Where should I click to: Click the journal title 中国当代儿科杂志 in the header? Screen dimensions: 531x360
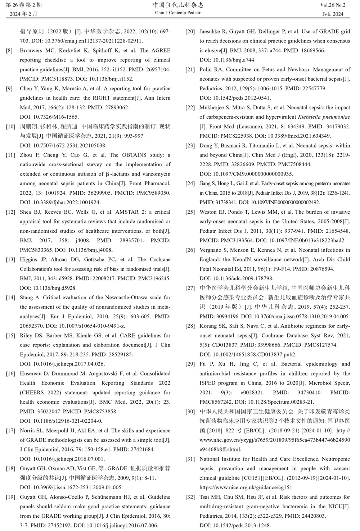coord(178,5)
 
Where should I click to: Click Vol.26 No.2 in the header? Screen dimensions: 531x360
coord(332,5)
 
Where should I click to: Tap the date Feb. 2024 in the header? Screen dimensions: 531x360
coord(333,14)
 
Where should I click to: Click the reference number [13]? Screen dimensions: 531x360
coord(10,260)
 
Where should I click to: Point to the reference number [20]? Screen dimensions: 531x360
coord(190,32)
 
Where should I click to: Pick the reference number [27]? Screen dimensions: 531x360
coord(190,288)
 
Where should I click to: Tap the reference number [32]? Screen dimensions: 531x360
coord(190,497)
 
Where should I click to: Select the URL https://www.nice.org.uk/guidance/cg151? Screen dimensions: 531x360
coord(247,487)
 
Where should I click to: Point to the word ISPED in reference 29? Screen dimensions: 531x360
coord(208,383)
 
